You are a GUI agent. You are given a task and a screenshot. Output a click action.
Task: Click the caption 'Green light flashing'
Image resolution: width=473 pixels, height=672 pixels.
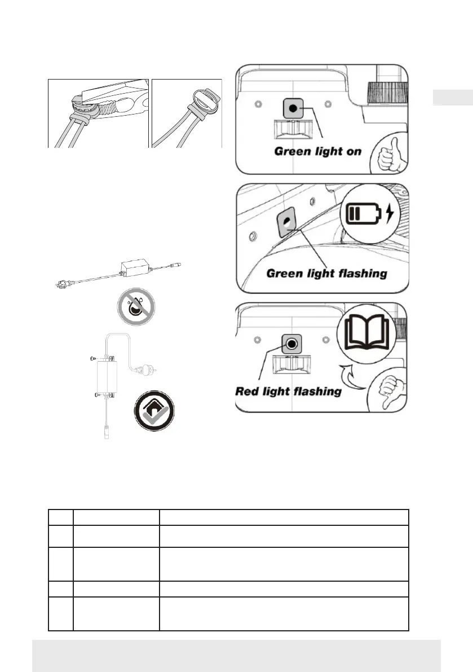click(x=326, y=274)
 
